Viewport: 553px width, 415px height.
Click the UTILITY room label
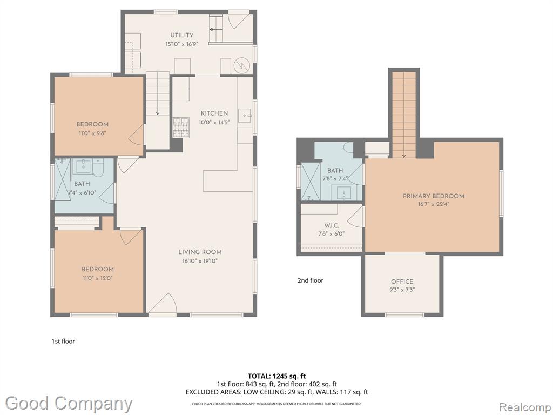coord(181,35)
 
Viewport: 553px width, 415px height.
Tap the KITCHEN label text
coord(214,113)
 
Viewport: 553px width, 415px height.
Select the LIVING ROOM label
coord(200,252)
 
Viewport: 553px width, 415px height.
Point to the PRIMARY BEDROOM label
coord(434,196)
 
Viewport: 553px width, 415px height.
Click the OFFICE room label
coord(402,282)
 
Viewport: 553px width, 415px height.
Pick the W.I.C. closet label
coord(332,225)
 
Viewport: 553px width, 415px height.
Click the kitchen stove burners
coord(181,128)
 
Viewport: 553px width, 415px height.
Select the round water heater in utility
coord(242,65)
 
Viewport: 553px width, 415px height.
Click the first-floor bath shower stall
coord(63,179)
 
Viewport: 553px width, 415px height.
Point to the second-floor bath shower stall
coord(311,182)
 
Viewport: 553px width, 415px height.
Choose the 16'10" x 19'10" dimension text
coord(200,261)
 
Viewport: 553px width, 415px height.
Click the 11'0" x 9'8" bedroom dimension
coord(92,133)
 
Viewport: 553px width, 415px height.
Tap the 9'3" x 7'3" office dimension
coord(402,290)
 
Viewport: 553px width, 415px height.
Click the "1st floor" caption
coord(63,342)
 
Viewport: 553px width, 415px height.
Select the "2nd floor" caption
coord(311,280)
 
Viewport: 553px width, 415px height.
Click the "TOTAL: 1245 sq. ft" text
coord(274,376)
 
